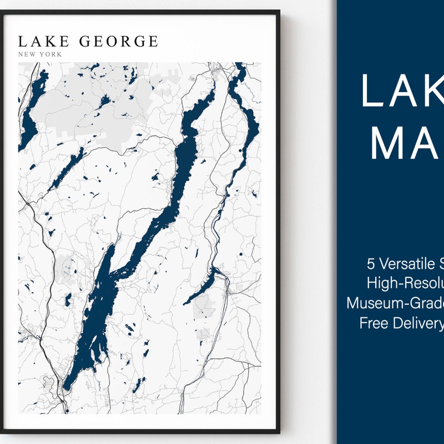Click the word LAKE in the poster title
43,42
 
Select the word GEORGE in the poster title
119,42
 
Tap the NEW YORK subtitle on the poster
40,54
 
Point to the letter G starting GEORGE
85,42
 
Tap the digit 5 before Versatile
370,263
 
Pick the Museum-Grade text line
395,303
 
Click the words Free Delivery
401,323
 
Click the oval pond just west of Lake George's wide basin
68,300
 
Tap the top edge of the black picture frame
139,12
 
